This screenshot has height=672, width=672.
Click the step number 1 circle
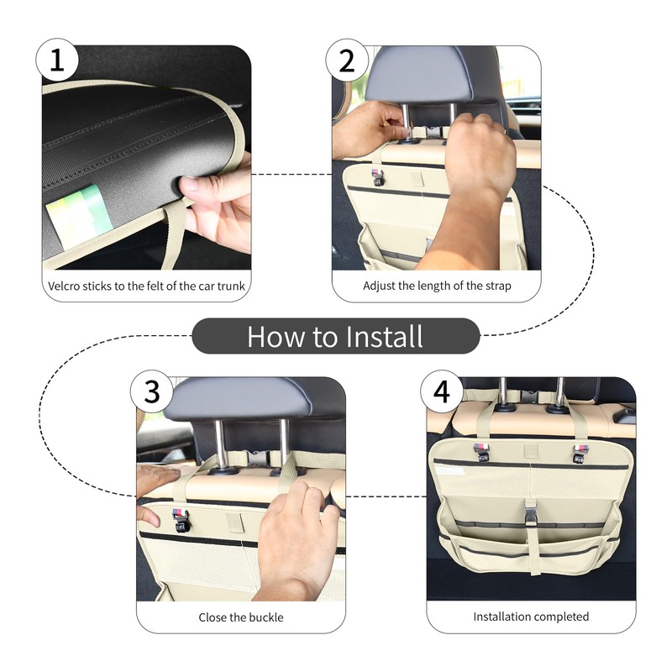pos(57,60)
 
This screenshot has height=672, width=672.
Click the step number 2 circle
pos(347,60)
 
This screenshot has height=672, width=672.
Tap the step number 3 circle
pos(152,391)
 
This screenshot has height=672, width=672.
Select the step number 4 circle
pos(442,391)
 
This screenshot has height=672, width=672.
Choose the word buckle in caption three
pos(266,617)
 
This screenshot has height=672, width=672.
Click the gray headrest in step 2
pos(420,74)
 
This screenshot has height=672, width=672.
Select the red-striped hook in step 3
pos(180,519)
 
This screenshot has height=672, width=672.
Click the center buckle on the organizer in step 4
pos(531,513)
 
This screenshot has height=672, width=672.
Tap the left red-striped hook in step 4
pos(480,452)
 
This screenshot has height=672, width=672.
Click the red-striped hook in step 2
pos(377,177)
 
